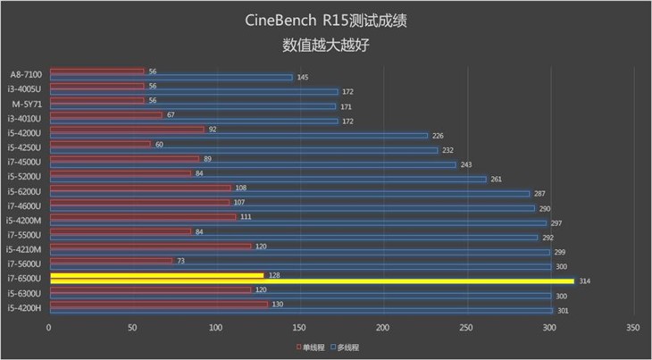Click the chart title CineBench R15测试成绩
pos(325,21)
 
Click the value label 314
pos(585,281)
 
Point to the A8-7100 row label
pos(26,74)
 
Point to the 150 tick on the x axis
pos(300,329)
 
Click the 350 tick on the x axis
pos(633,329)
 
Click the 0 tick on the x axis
pos(50,329)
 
